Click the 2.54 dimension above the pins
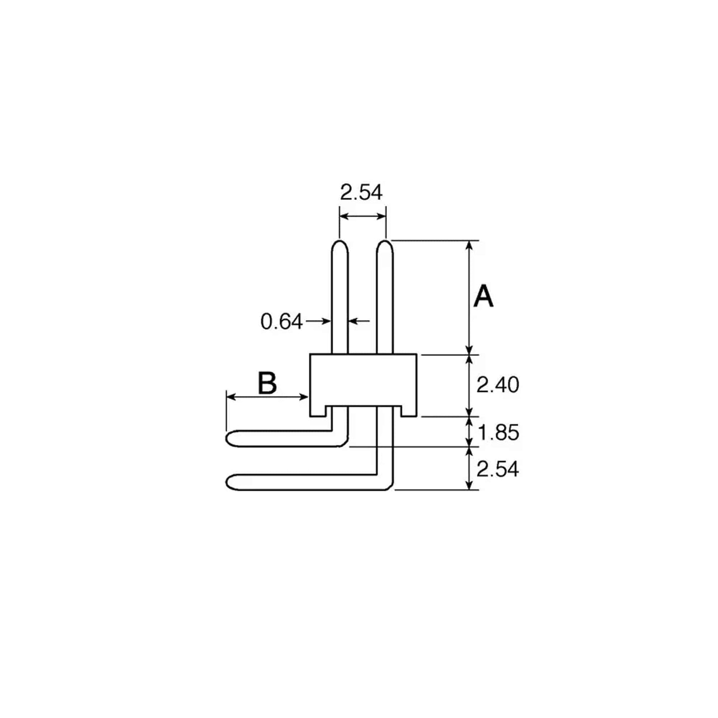point(361,193)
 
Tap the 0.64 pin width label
point(282,321)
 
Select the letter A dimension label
point(483,296)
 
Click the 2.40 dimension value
point(497,385)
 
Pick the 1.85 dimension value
point(498,433)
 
